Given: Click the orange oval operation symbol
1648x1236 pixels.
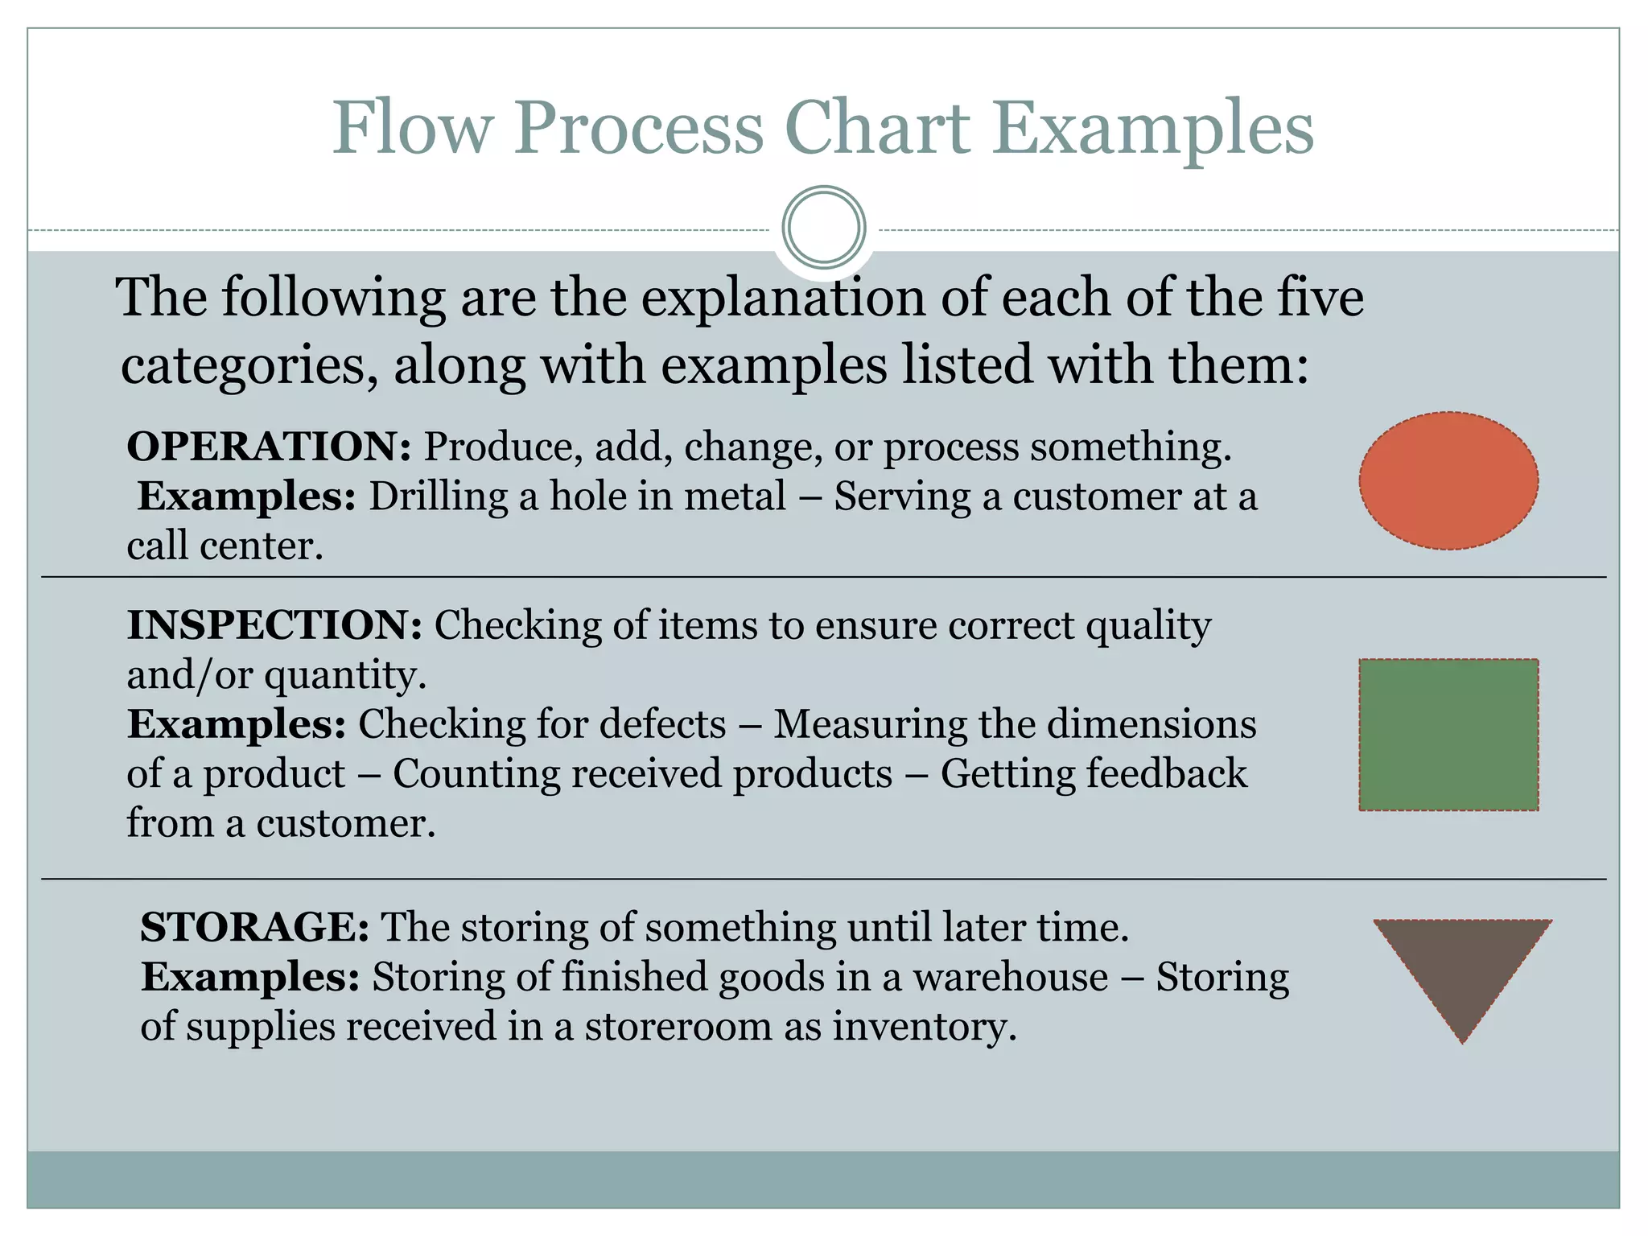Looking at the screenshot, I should coord(1448,481).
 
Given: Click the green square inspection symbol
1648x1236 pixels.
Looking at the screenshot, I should coord(1448,735).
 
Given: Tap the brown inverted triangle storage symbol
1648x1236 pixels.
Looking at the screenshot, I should coord(1462,966).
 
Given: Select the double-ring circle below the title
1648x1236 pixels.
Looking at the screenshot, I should coord(823,227).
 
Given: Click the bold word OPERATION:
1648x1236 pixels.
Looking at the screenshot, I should coord(269,447).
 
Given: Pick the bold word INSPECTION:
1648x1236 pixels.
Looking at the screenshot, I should coord(274,625).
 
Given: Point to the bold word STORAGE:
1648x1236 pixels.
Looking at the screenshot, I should coord(254,927).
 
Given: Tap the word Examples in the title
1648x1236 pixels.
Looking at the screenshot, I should coord(1152,129).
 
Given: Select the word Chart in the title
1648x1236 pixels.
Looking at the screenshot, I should coord(877,129).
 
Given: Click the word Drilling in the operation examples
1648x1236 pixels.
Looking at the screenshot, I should coord(438,496).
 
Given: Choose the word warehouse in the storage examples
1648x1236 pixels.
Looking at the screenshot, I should coord(1011,977).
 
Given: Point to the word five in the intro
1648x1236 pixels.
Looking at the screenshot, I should coord(1320,298).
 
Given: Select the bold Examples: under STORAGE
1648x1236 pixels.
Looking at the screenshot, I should coord(250,977).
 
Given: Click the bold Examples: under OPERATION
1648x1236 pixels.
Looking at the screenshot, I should coord(246,496).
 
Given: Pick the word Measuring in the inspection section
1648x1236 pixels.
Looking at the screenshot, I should coord(870,724).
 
